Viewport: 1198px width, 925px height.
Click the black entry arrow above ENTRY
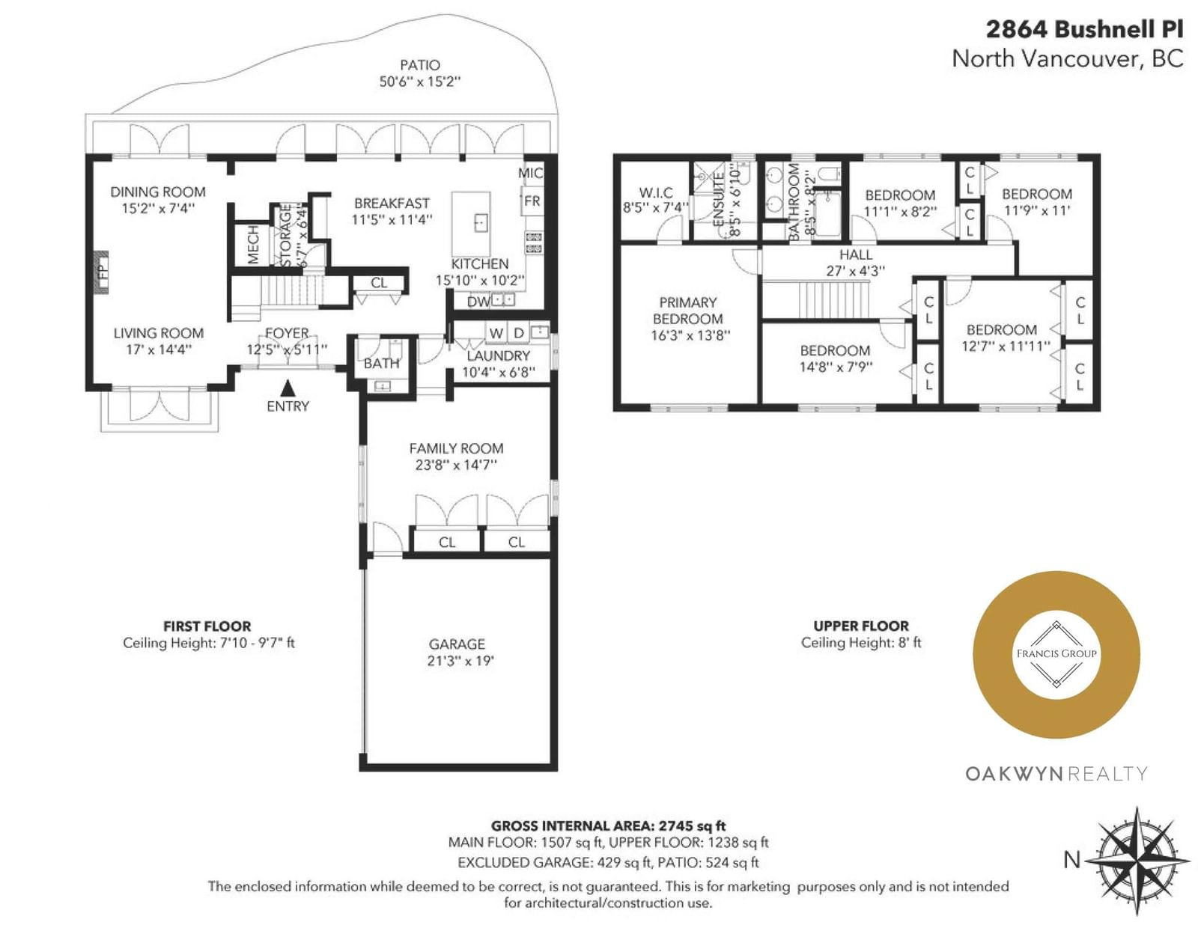pyautogui.click(x=288, y=388)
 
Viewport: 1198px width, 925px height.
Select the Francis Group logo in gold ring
pyautogui.click(x=1056, y=655)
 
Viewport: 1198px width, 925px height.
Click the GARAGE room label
pyautogui.click(x=457, y=644)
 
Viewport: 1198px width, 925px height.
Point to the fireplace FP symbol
pyautogui.click(x=101, y=272)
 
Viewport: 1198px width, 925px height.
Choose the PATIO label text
pyautogui.click(x=420, y=65)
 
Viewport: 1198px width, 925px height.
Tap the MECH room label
pyautogui.click(x=253, y=245)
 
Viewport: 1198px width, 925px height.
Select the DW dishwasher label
pyautogui.click(x=478, y=302)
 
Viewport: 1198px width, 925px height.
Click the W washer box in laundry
pyautogui.click(x=496, y=333)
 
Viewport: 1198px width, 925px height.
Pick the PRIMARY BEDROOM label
pyautogui.click(x=687, y=310)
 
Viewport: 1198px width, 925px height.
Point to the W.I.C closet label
pyautogui.click(x=656, y=192)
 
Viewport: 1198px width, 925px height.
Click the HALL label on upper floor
pyautogui.click(x=856, y=254)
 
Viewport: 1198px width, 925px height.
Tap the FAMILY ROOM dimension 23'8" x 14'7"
pyautogui.click(x=456, y=465)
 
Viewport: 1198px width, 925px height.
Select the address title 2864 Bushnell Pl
pyautogui.click(x=1084, y=29)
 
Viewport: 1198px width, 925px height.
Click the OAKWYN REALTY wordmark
pyautogui.click(x=1056, y=774)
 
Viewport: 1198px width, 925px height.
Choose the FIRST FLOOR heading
pyautogui.click(x=207, y=626)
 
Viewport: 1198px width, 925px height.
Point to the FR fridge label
pyautogui.click(x=532, y=201)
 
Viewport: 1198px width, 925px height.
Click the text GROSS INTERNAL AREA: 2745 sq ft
pyautogui.click(x=608, y=825)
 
